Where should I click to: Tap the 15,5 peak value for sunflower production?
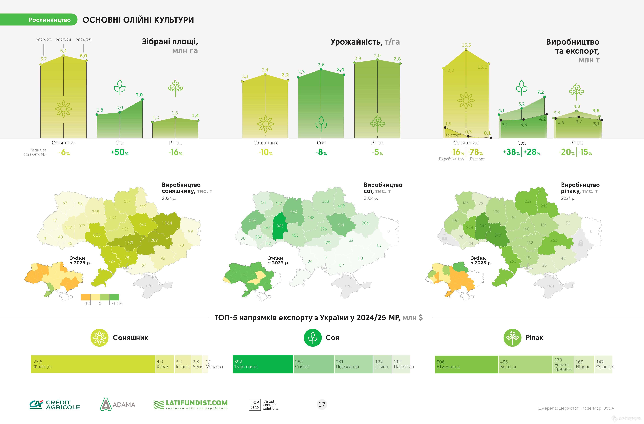point(466,45)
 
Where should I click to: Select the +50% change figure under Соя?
point(120,152)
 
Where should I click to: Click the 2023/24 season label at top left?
point(63,40)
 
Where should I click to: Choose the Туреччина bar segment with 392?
point(263,364)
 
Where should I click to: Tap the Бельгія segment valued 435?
point(525,364)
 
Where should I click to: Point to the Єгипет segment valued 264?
point(313,364)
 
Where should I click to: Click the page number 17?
point(322,404)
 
